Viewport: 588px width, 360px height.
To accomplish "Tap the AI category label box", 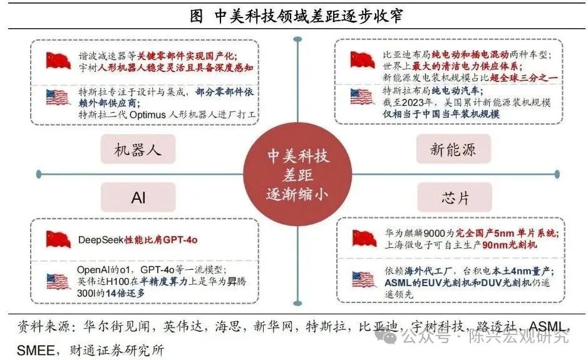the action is click(x=138, y=198).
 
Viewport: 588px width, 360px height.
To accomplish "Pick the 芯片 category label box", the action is click(x=452, y=198).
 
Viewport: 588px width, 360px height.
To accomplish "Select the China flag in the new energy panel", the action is click(x=363, y=60).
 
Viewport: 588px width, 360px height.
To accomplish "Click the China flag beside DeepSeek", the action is click(x=58, y=239).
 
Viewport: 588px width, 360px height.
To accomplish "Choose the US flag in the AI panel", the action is click(x=58, y=281).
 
